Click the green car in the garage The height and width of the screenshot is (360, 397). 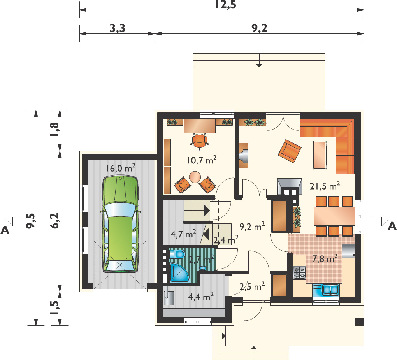[121, 224]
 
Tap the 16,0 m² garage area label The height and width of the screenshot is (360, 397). [121, 168]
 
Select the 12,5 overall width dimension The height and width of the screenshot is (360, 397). [226, 4]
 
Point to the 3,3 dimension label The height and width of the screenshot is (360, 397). [118, 28]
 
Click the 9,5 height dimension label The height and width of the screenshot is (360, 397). [31, 221]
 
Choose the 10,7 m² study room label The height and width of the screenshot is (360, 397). [202, 160]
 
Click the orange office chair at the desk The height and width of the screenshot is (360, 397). [200, 140]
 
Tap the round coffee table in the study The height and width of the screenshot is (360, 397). [195, 177]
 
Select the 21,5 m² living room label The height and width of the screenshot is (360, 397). [325, 186]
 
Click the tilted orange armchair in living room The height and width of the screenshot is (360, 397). [290, 151]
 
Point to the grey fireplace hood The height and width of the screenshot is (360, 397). [290, 186]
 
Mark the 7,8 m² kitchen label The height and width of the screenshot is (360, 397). [325, 259]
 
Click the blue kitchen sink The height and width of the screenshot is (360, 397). [326, 290]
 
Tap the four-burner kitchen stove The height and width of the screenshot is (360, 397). [300, 273]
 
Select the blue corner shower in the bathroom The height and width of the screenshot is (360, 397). [179, 273]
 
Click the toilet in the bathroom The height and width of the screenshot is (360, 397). [177, 254]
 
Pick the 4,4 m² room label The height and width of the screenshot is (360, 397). [201, 296]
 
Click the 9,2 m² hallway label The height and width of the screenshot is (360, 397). [252, 227]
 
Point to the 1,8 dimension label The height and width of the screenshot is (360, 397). [55, 130]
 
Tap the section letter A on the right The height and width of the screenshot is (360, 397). [392, 226]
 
